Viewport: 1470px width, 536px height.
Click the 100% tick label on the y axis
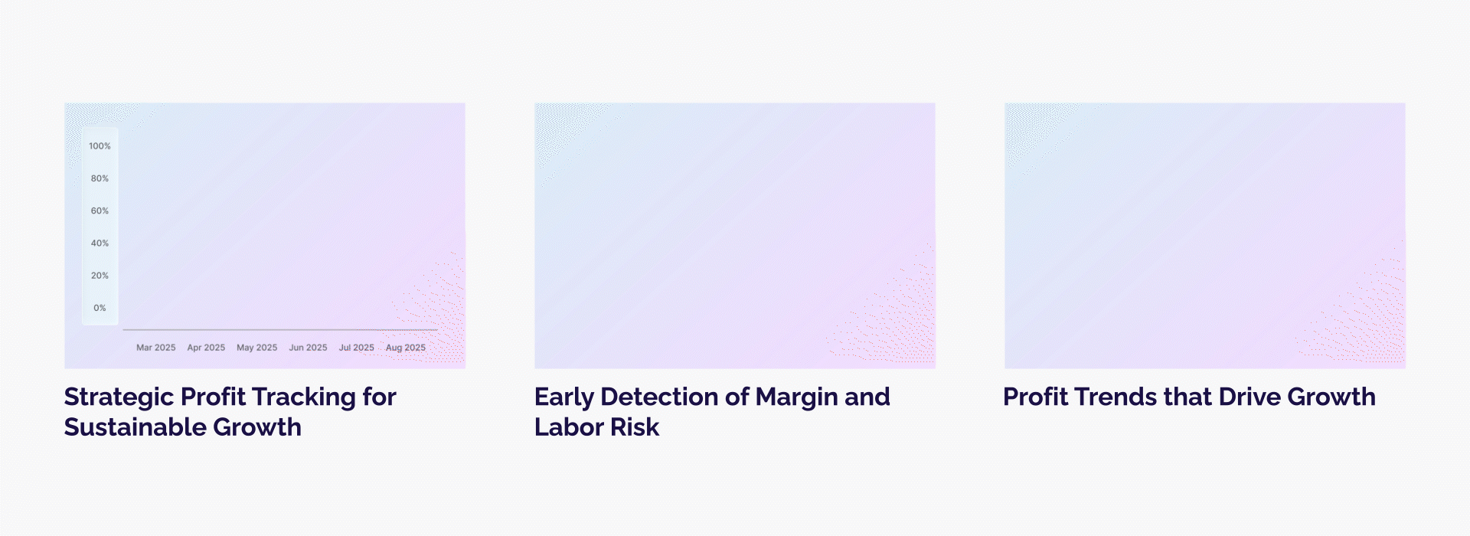(x=100, y=146)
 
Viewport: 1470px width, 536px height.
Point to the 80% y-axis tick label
(x=100, y=178)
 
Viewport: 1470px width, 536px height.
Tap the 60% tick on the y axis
(x=100, y=211)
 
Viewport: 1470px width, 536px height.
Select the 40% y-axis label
(x=100, y=243)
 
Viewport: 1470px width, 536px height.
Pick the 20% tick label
(x=100, y=276)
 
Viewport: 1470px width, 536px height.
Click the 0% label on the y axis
(x=100, y=308)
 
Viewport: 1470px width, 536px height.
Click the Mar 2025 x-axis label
(x=156, y=348)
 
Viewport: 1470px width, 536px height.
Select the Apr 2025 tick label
(x=206, y=348)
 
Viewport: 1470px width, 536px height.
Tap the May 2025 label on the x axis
(x=257, y=348)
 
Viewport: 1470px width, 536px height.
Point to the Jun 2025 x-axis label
(x=308, y=348)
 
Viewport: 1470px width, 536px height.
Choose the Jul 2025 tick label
(x=357, y=348)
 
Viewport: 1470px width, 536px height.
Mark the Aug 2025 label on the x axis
(x=406, y=348)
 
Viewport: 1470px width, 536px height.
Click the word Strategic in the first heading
(x=119, y=398)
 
